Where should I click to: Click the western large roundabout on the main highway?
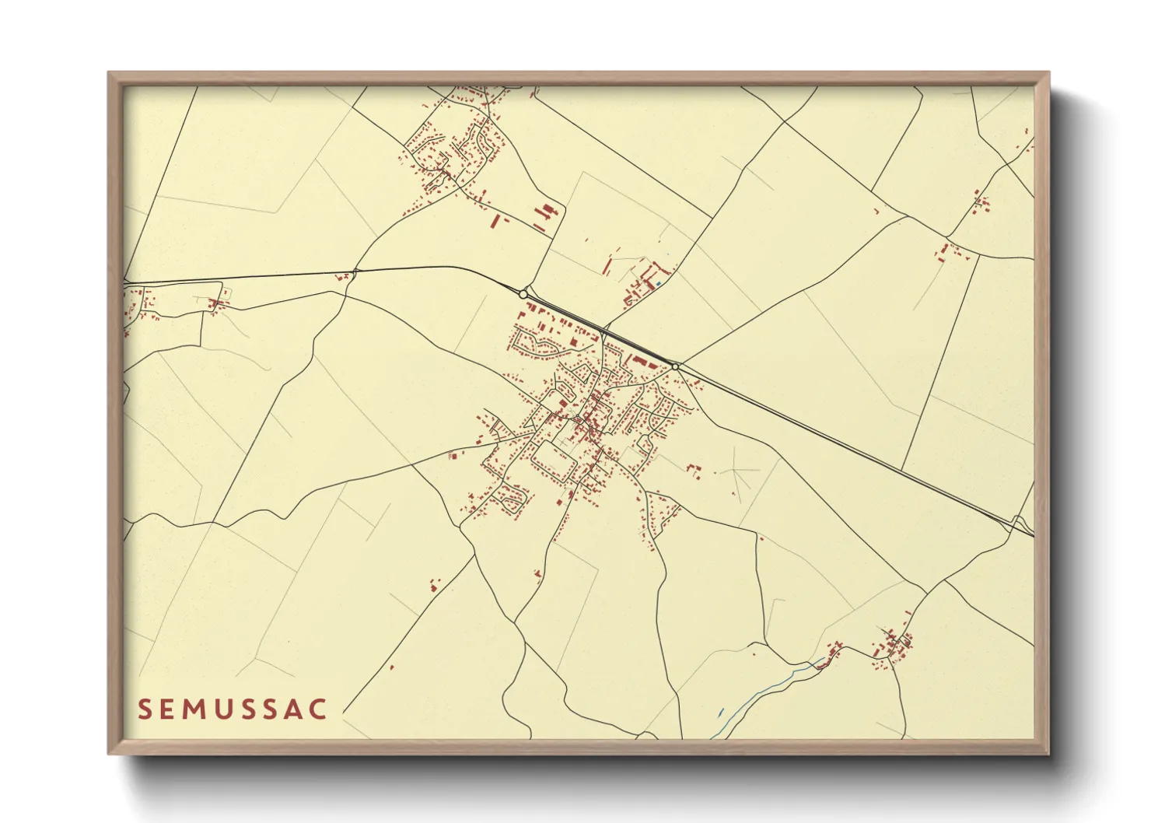(x=523, y=294)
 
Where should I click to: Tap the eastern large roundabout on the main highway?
(x=675, y=366)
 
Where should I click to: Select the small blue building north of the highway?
(x=659, y=284)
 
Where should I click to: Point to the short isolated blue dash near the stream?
(x=721, y=712)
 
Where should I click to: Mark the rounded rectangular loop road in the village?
(x=553, y=460)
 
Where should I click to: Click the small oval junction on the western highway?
(x=355, y=271)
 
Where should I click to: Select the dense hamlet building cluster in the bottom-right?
(x=893, y=646)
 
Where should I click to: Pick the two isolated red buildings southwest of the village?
(x=434, y=584)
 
